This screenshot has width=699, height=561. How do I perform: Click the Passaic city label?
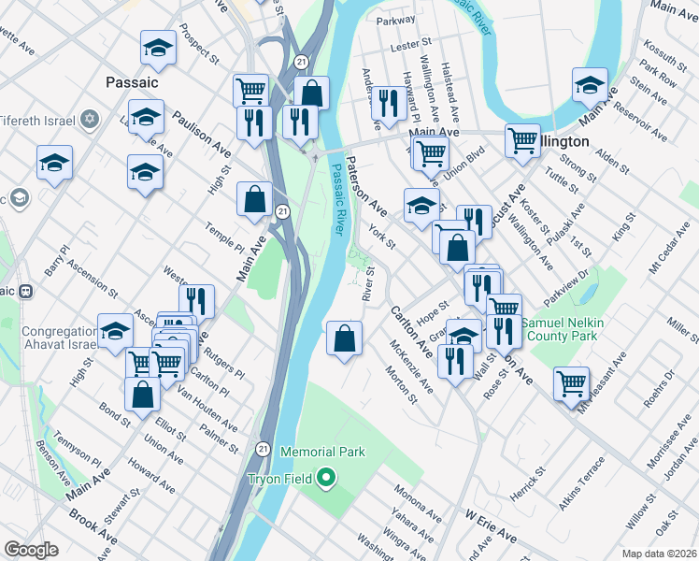coord(132,82)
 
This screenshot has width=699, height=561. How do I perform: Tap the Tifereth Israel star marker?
coord(90,118)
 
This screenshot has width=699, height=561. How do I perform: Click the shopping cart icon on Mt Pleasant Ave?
coord(570,381)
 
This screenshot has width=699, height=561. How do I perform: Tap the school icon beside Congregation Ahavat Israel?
coord(115,331)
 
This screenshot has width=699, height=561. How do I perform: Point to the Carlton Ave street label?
coord(412,331)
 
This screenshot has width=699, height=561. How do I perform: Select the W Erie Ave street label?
coord(491,527)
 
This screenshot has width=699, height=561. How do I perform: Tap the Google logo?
coord(31,550)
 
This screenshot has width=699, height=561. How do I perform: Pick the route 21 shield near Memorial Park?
coord(264,450)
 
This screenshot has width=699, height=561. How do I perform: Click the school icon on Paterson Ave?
coord(422,205)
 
